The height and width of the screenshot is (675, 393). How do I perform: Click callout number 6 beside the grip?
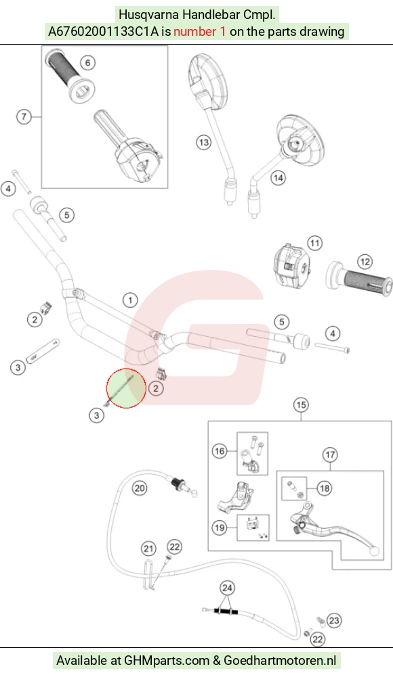click(87, 63)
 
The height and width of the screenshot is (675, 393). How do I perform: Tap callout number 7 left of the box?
click(24, 116)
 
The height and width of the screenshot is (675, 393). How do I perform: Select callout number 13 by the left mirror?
click(204, 142)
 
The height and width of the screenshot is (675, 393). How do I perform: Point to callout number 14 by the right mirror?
click(278, 177)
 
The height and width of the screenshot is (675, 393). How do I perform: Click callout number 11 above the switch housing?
click(315, 243)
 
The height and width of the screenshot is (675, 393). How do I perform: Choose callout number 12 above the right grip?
click(365, 261)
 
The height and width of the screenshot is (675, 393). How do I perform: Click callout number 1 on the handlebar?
click(130, 300)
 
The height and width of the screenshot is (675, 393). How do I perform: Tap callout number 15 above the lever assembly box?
click(301, 404)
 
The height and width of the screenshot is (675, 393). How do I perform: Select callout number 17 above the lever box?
click(330, 455)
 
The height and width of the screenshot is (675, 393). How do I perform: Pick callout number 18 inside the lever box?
click(325, 488)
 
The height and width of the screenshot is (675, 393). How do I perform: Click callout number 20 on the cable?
click(140, 488)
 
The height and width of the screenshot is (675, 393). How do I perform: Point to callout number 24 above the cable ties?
click(227, 588)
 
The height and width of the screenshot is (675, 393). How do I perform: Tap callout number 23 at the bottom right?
click(334, 620)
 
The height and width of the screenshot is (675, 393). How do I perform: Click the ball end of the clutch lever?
click(374, 551)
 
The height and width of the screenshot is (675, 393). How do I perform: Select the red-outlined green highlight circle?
click(126, 388)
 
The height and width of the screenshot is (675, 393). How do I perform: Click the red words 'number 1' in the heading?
click(199, 32)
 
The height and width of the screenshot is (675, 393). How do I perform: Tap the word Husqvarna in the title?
click(149, 15)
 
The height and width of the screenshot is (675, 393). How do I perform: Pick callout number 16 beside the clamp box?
click(220, 450)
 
